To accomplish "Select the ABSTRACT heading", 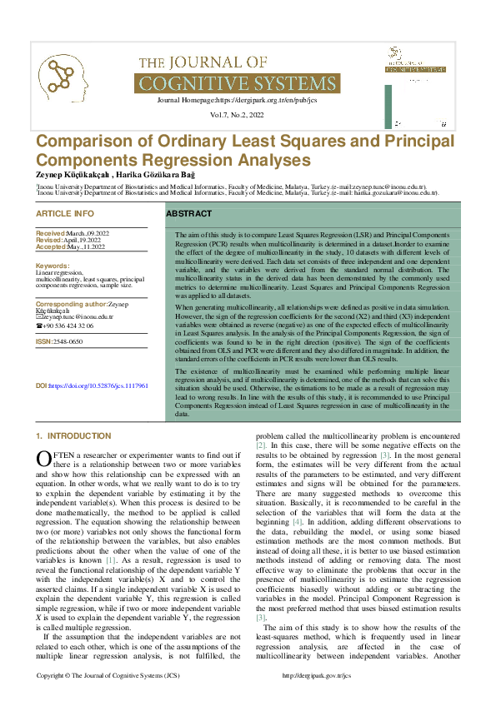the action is click(x=188, y=214).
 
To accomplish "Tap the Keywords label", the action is click(x=53, y=266).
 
